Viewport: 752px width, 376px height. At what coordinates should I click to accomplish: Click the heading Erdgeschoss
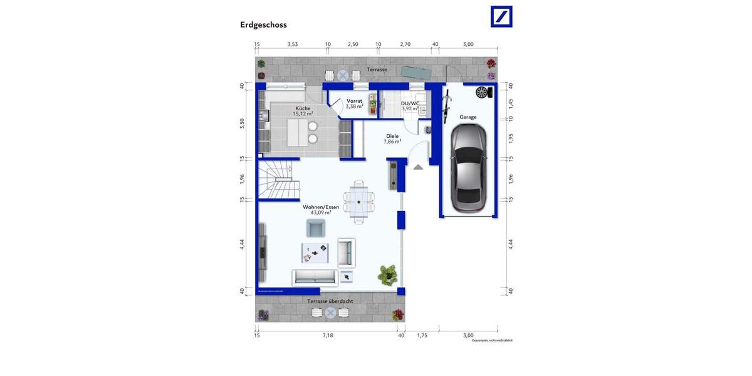tap(263, 25)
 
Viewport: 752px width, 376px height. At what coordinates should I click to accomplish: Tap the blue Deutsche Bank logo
tap(501, 17)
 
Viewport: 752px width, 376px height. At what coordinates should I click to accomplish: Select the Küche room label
tap(303, 108)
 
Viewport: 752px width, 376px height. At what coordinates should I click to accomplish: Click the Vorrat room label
tap(354, 101)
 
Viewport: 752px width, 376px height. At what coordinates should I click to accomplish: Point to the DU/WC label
tap(410, 103)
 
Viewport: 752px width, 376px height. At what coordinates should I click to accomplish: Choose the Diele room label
tap(392, 136)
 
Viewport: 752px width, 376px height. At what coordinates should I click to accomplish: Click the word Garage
tap(467, 117)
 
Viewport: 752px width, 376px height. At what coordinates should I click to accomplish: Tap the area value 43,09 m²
tap(321, 212)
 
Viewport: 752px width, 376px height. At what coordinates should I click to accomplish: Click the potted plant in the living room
tap(387, 273)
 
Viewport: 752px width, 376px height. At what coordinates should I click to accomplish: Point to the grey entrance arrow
tap(418, 166)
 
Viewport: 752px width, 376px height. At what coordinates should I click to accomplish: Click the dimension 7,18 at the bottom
tap(328, 335)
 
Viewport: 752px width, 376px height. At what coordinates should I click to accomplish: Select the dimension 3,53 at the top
tap(293, 44)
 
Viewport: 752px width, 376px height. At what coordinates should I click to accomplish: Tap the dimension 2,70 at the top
tap(405, 44)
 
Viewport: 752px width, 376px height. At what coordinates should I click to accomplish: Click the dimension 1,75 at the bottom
tap(422, 335)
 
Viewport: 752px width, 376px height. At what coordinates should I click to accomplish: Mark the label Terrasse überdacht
tap(330, 301)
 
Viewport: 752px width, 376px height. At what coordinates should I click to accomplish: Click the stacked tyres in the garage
tap(481, 93)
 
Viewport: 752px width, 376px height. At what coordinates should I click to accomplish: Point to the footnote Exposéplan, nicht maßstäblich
tap(492, 340)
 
